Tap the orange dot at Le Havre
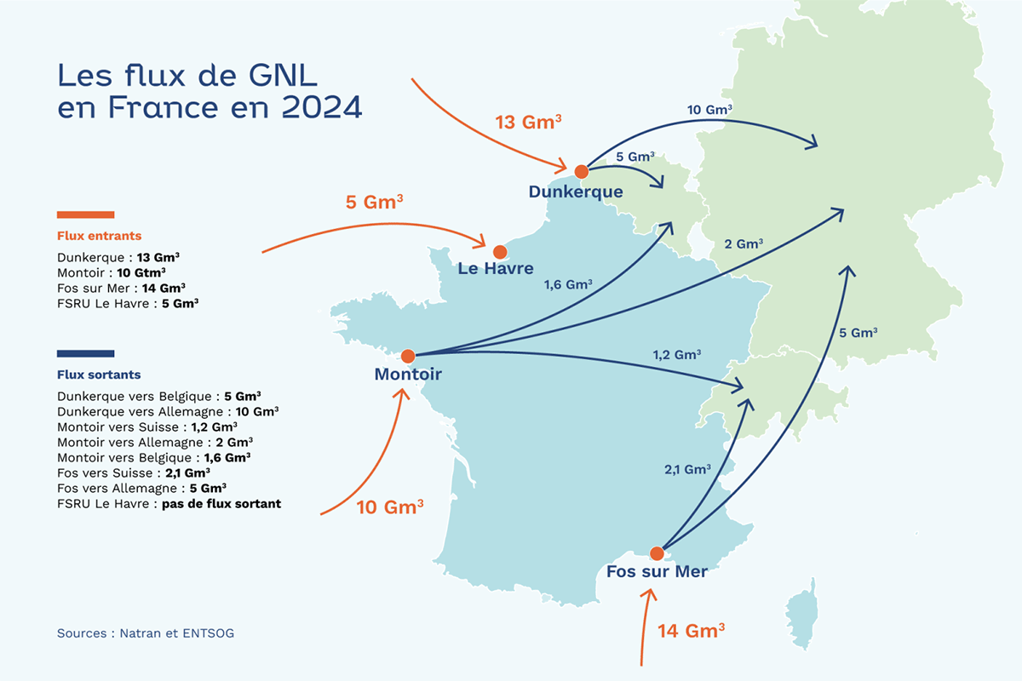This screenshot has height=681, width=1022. coord(499,251)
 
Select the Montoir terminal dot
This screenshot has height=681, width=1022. coord(407,356)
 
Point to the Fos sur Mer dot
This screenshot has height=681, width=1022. coord(657,553)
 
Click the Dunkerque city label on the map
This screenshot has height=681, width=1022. coord(576,192)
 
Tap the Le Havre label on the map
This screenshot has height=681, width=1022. coord(496,269)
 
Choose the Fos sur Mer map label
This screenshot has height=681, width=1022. coord(657,572)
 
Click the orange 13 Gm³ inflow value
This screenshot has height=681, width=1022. coord(528,123)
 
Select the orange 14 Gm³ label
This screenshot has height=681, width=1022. coord(691,631)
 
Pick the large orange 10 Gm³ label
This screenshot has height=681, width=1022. coord(390,507)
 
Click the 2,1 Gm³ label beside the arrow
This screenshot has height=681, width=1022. coord(686,469)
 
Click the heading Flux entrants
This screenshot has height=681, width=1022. coord(99,236)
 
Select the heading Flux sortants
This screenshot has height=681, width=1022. coord(99,375)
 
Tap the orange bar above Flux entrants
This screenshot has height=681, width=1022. coord(85,215)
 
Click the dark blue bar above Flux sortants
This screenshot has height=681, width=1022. coord(85,353)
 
